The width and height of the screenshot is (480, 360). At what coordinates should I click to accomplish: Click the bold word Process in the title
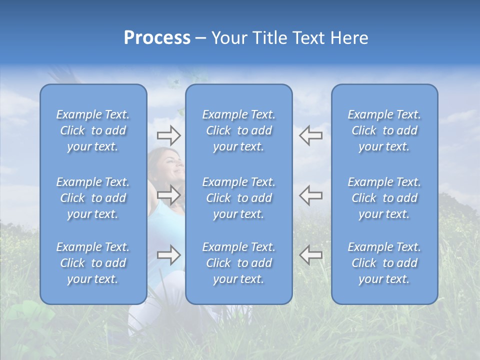(x=157, y=38)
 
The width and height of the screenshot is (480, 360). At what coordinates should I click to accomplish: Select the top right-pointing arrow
(x=168, y=134)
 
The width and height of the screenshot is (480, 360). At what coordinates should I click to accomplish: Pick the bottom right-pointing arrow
(x=168, y=255)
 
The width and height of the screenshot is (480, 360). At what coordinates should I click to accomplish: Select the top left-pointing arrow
(x=310, y=135)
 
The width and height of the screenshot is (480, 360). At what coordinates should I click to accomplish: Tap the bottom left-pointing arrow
(x=310, y=255)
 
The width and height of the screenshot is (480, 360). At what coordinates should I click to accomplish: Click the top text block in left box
(x=93, y=130)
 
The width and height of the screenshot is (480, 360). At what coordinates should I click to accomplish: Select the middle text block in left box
(x=93, y=198)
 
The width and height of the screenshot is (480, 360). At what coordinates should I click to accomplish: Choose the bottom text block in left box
(x=93, y=263)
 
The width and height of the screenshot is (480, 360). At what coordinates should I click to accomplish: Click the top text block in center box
(x=238, y=130)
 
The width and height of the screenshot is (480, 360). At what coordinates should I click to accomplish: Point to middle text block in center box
(x=238, y=198)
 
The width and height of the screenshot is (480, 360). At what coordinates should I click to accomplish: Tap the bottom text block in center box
(x=238, y=263)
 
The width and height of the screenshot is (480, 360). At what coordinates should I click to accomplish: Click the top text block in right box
(x=384, y=130)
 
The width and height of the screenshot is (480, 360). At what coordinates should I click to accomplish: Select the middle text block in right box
(x=384, y=198)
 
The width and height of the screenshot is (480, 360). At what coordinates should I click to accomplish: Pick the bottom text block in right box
(x=384, y=263)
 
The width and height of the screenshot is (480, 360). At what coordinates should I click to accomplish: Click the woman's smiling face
(x=172, y=165)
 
